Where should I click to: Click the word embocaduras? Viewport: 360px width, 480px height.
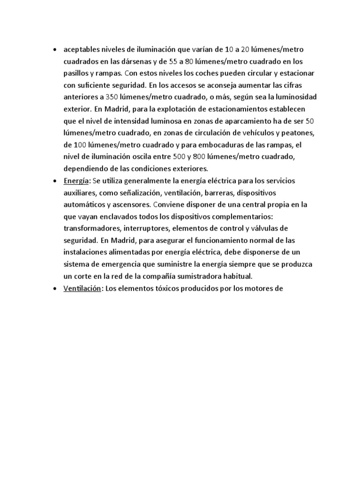[236, 144]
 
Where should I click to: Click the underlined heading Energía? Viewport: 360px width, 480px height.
[76, 180]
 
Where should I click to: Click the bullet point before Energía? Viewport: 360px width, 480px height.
[55, 181]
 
